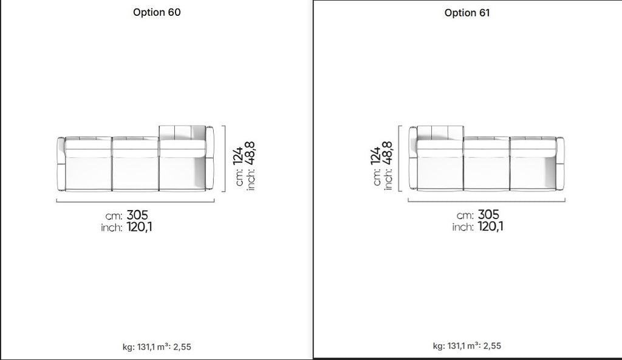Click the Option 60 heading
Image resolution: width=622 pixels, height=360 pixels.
point(157,12)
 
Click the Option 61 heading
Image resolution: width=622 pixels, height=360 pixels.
point(467,13)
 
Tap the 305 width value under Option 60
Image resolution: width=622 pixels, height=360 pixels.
point(137,215)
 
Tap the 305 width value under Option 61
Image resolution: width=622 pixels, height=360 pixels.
point(488,214)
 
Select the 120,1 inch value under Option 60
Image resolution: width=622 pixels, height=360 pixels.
point(139,227)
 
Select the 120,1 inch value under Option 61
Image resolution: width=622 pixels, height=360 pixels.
point(490,226)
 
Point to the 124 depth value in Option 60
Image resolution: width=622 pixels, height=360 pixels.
point(238,156)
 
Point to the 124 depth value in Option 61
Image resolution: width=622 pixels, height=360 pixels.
point(375,156)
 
